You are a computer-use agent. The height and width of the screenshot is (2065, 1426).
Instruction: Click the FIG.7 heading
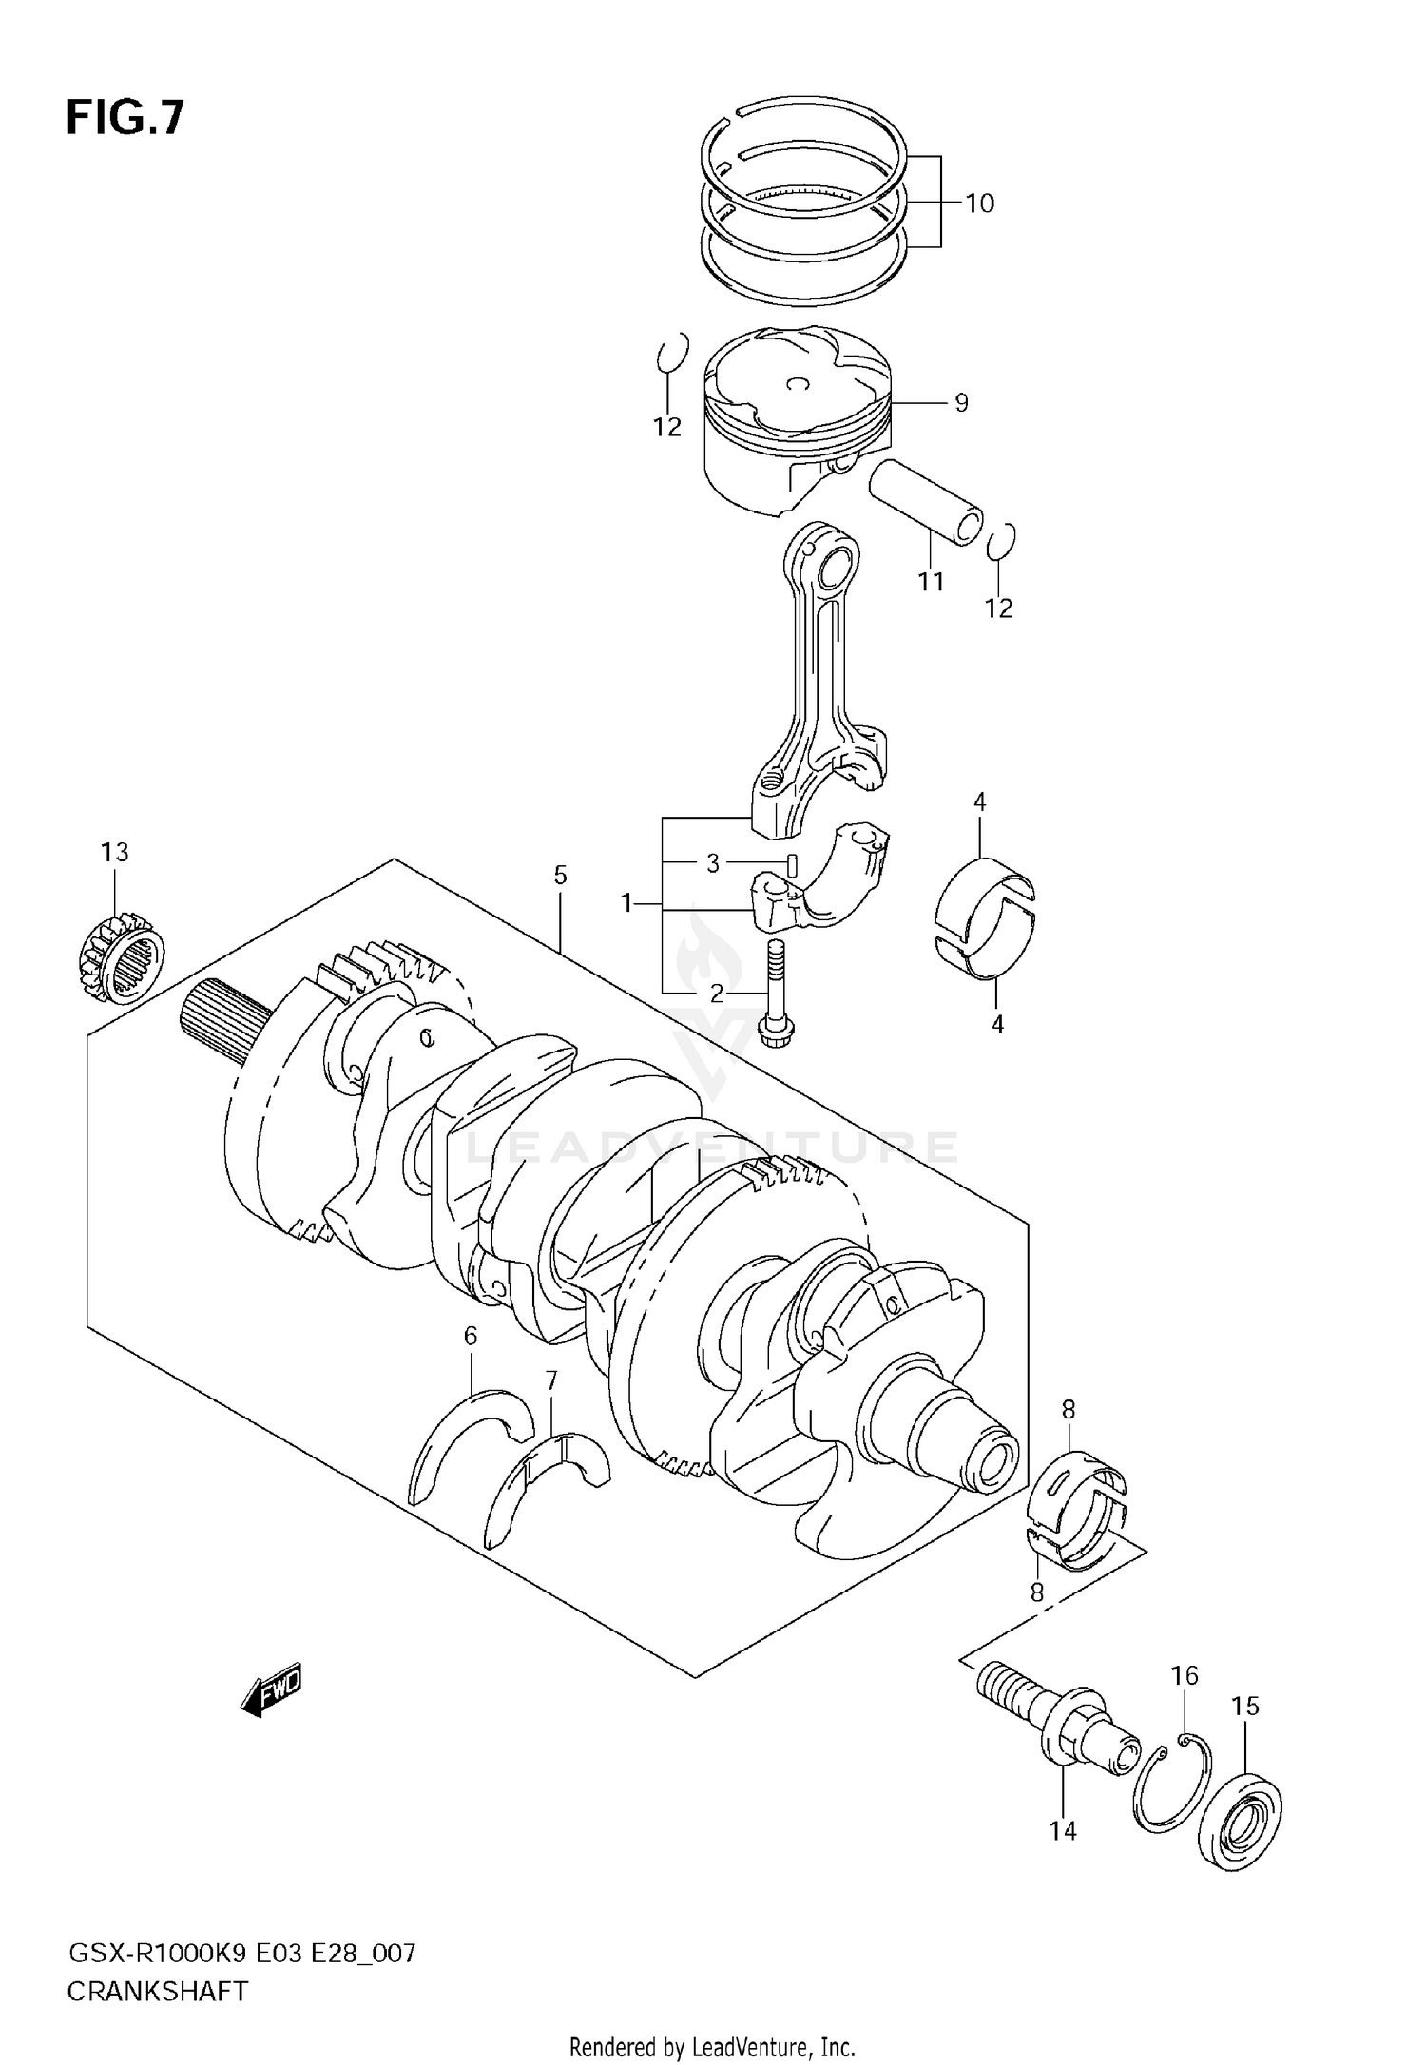[x=125, y=120]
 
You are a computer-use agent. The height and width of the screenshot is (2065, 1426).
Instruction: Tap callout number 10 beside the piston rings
[x=979, y=203]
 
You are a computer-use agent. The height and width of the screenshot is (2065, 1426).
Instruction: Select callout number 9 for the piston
[x=961, y=403]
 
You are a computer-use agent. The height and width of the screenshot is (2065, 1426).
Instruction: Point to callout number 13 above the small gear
[x=115, y=852]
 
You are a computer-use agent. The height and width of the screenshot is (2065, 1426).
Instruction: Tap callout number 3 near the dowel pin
[x=713, y=863]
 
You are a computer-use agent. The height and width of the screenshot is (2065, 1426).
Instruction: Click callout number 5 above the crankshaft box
[x=560, y=875]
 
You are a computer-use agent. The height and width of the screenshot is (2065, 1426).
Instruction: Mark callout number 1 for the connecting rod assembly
[x=626, y=903]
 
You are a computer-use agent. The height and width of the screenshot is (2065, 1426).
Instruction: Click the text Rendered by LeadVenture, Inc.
[x=712, y=2046]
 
